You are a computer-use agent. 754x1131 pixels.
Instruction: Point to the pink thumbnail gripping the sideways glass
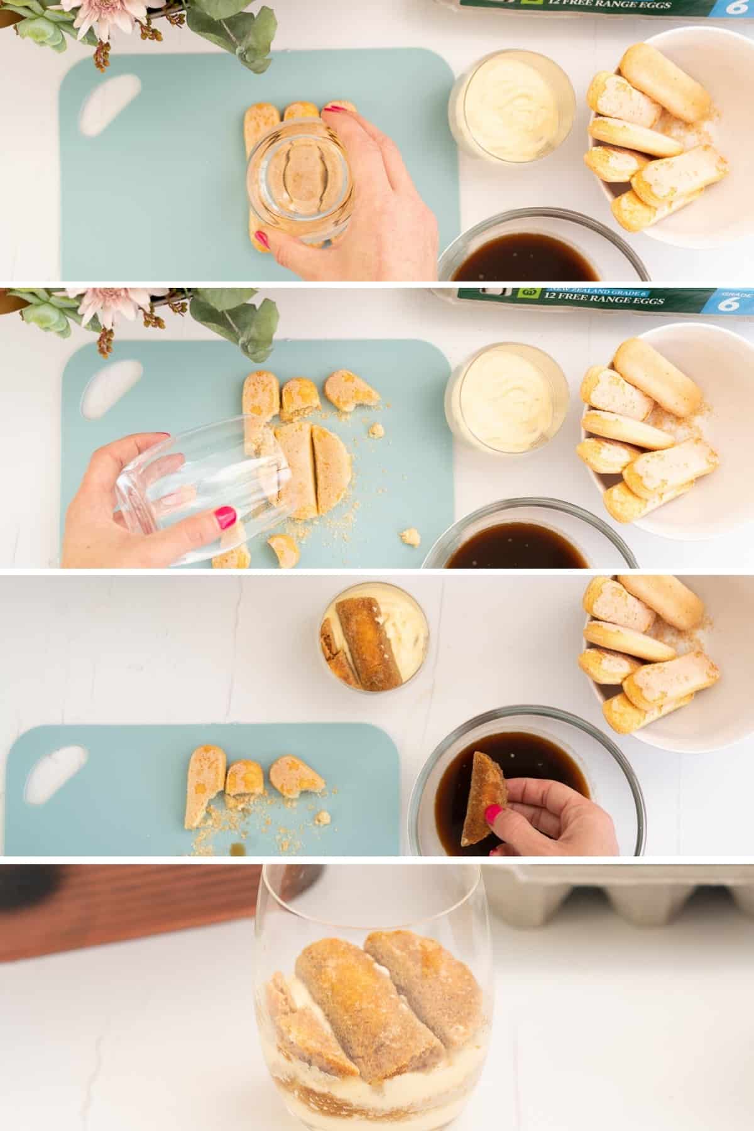(225, 517)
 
